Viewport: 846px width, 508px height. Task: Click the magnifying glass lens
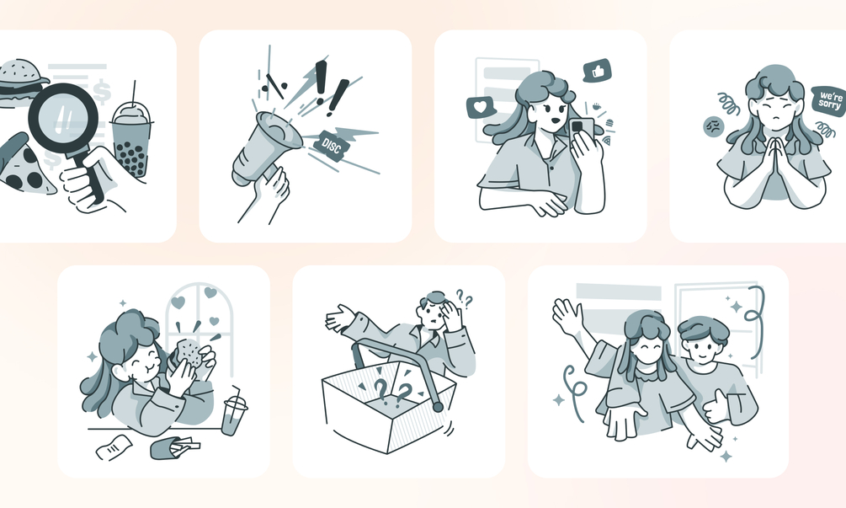tap(63, 120)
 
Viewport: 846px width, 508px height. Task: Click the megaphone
tap(264, 149)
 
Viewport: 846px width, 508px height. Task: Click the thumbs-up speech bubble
tap(598, 71)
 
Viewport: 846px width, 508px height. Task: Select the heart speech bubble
tap(480, 107)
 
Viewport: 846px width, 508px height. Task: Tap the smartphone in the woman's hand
tap(581, 131)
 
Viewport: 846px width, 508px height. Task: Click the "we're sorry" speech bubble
tap(828, 100)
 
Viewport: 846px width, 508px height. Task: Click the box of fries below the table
tap(173, 447)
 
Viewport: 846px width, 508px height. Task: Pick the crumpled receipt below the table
tap(114, 447)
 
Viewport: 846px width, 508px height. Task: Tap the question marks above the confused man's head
tap(465, 298)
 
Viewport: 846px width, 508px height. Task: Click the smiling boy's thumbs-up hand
tap(717, 405)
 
